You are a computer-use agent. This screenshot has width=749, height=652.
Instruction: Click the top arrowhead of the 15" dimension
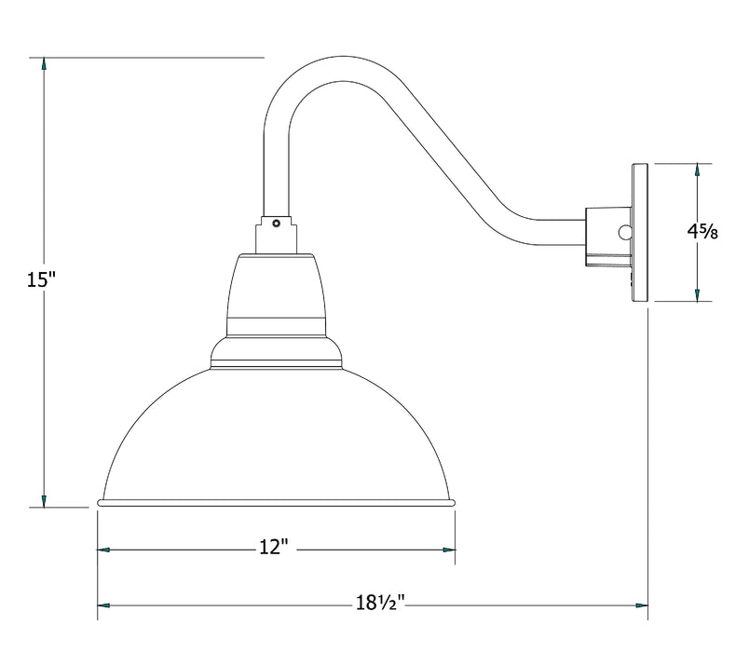click(43, 65)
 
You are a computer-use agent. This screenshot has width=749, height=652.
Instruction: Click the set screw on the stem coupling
click(276, 223)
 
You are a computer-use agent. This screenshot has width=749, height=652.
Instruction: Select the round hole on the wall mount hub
click(624, 231)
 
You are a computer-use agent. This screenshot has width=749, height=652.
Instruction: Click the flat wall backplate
click(640, 233)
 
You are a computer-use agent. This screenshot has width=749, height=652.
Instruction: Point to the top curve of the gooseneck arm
click(331, 67)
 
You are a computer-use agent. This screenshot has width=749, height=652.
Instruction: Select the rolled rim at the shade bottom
click(277, 503)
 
